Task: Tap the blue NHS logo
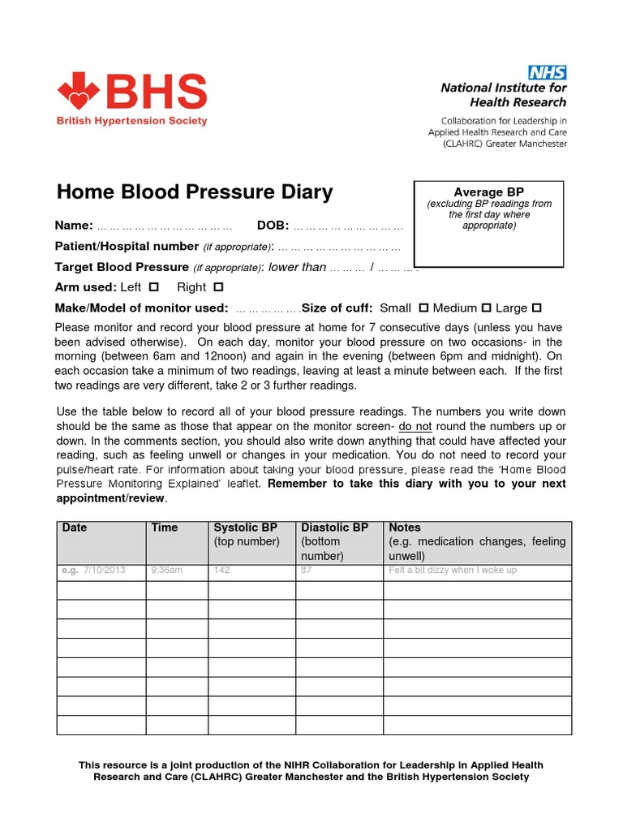pos(548,72)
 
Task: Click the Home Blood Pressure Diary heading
pos(195,192)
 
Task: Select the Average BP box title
pos(489,192)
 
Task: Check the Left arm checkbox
pos(154,287)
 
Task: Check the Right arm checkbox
pos(217,287)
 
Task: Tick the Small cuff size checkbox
pos(423,308)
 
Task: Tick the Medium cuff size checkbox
pos(487,308)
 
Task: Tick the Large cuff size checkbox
pos(536,308)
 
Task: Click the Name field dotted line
pos(165,226)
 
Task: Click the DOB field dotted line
pos(348,226)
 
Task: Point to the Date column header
pos(75,527)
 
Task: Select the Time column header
pos(165,527)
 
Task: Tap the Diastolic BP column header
pos(334,527)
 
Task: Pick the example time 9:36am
pos(167,571)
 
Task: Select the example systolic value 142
pos(221,571)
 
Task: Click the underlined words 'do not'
pos(415,427)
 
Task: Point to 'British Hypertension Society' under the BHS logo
pos(131,121)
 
